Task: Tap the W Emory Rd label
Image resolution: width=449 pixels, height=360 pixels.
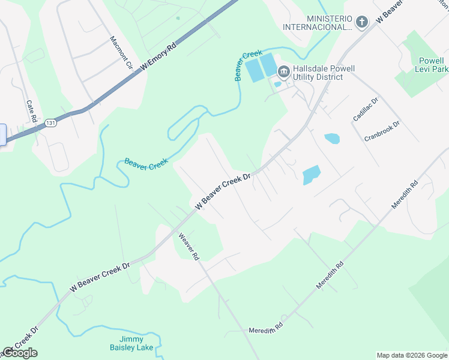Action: [159, 56]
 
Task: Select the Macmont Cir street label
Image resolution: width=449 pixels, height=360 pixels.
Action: [120, 53]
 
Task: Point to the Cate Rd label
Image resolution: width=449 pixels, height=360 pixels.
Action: [32, 110]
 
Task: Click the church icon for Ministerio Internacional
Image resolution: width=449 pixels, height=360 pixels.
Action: [361, 22]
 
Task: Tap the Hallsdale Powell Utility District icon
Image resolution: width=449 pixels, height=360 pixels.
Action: [283, 73]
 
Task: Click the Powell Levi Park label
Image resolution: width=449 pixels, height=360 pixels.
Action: [432, 65]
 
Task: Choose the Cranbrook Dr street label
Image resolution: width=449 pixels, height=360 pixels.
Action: [382, 131]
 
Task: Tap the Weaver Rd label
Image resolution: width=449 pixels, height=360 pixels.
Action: [187, 246]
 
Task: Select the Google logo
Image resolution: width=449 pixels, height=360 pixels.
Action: [20, 353]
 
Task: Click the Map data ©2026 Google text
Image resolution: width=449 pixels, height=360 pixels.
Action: [412, 355]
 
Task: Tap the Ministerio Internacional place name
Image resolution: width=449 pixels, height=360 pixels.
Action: [328, 22]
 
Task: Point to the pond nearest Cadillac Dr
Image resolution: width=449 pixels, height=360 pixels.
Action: [332, 139]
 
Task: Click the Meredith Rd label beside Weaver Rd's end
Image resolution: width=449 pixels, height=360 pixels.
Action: [266, 329]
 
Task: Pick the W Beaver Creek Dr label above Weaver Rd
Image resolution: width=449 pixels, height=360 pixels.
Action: [223, 191]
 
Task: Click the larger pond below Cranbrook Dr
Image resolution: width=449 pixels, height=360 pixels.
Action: [312, 175]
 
